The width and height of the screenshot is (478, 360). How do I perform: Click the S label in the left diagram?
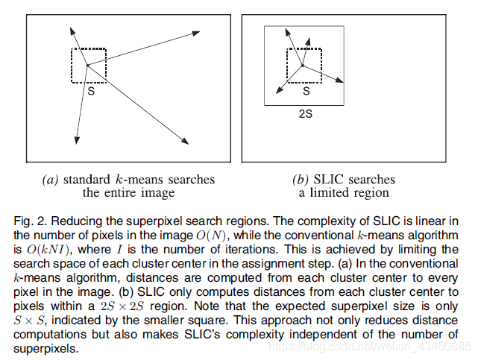(90, 91)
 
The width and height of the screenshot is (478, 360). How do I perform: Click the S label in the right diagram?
(305, 91)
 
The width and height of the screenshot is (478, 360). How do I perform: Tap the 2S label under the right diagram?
(304, 114)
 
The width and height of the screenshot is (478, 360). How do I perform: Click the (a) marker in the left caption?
(51, 180)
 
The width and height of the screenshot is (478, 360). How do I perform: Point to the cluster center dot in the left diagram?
(87, 66)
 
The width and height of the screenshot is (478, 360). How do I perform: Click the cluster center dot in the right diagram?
(302, 66)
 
